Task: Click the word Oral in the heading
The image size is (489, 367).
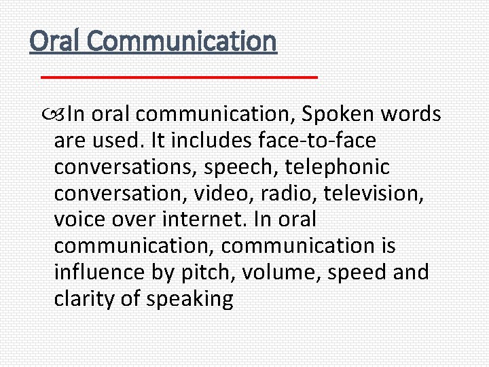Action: point(55,41)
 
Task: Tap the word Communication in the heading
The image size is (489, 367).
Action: point(182,41)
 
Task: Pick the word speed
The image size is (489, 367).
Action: point(359,273)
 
